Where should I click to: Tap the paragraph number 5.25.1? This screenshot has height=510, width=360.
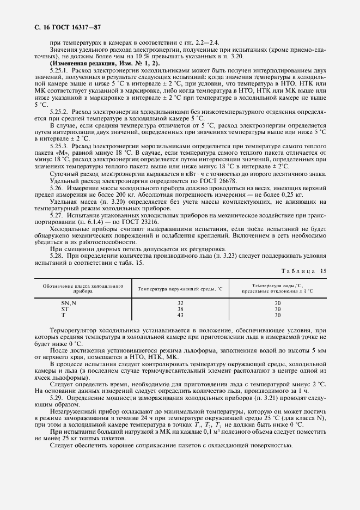pos(58,71)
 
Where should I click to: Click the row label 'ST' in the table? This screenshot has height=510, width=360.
pos(65,308)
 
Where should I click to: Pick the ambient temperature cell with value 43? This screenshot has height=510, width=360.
pos(180,315)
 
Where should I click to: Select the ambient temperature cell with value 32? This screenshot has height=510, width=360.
pos(180,302)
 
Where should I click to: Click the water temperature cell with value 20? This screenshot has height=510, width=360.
pos(277,302)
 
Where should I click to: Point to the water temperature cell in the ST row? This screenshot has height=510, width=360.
pos(277,308)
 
